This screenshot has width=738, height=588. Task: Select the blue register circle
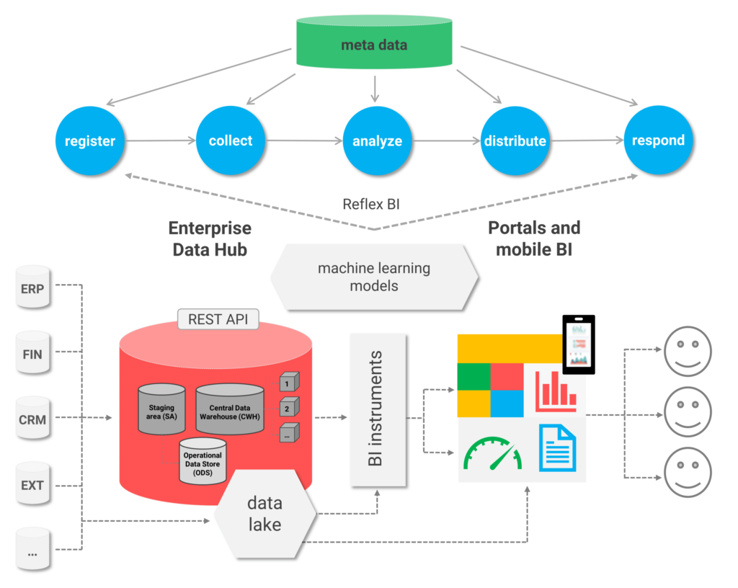90,141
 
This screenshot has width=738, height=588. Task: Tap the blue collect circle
231,141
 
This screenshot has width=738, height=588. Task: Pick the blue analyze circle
377,141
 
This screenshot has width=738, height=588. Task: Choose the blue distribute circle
515,141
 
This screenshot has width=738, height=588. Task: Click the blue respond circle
657,141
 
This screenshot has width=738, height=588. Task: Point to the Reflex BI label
370,204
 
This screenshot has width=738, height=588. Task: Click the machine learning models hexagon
374,277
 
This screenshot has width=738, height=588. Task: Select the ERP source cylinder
33,289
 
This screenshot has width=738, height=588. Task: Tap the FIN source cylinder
33,354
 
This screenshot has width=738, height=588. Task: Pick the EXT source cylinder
33,484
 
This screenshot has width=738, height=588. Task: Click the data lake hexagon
265,513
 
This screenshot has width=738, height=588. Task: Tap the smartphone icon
579,344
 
